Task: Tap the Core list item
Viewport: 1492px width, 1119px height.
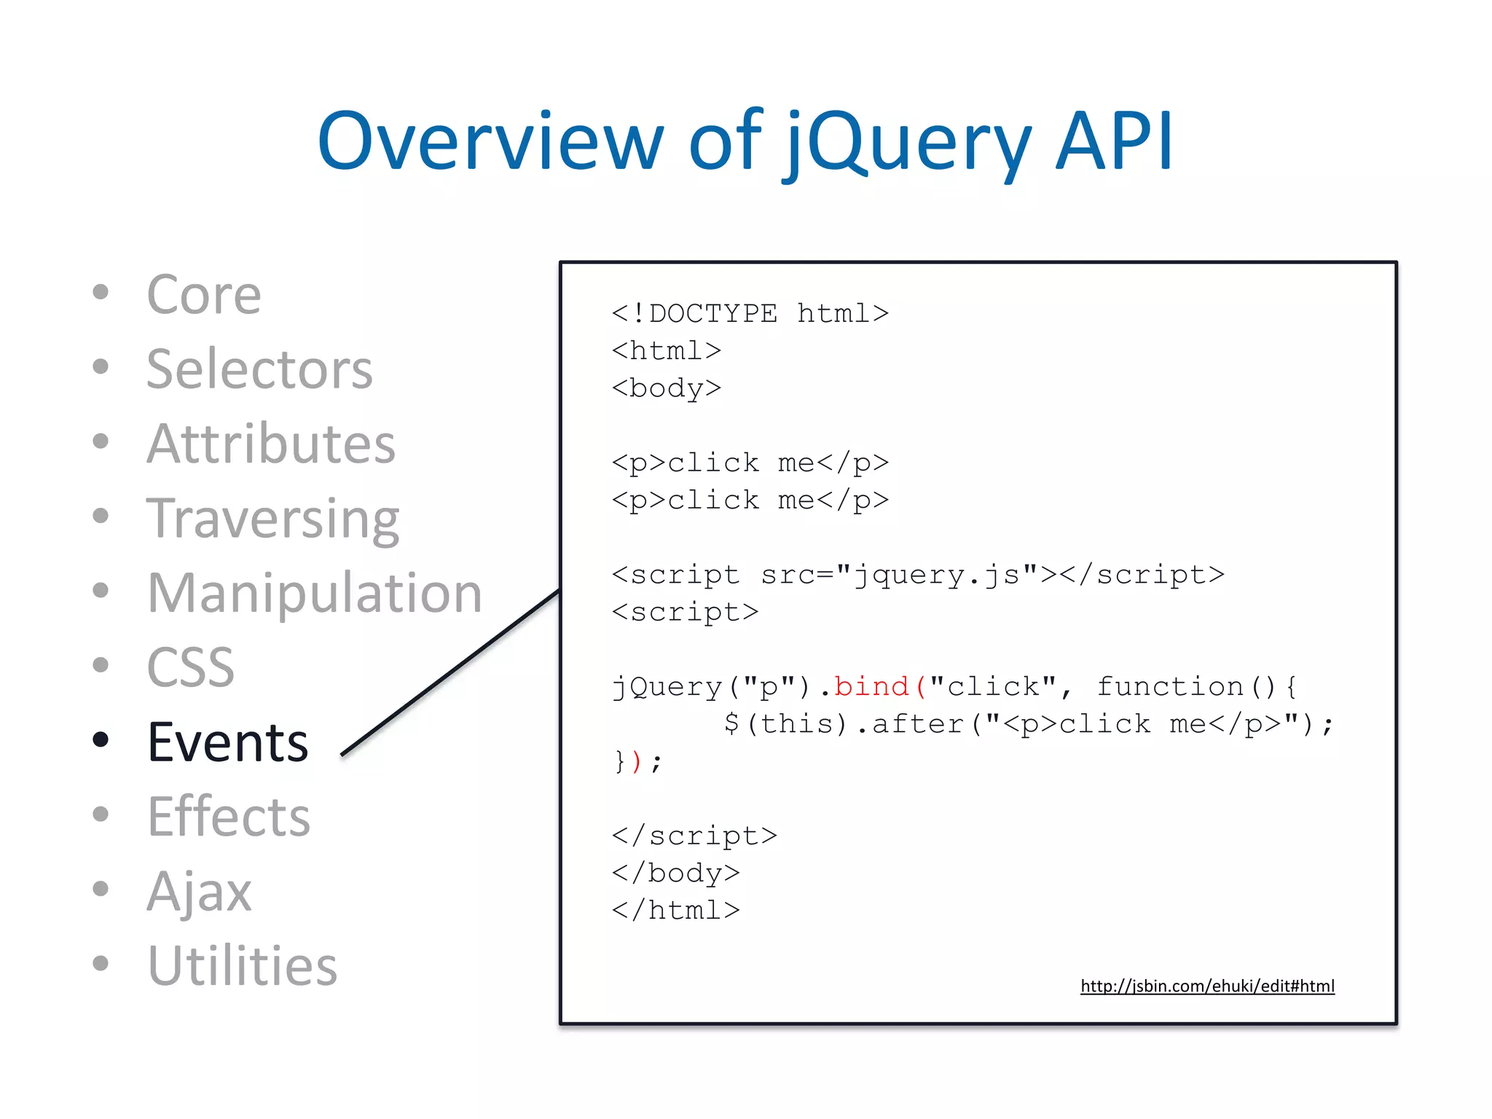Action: coord(203,295)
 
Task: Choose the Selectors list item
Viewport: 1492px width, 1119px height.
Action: coord(259,369)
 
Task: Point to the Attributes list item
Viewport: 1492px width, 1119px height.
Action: coord(271,444)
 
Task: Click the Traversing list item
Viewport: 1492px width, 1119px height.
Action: coord(273,519)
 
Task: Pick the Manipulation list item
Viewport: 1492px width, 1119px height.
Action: coord(315,593)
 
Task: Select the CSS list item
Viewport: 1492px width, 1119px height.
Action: coord(191,667)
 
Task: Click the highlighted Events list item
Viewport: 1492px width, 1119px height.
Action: coord(228,742)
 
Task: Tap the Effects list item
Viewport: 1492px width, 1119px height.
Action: coord(229,817)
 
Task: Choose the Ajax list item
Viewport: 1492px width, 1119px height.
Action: coord(199,891)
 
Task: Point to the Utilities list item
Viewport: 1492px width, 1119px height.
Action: coord(243,966)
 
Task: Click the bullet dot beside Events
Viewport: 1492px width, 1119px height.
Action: coord(101,740)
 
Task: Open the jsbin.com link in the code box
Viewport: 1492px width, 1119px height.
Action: coord(1207,986)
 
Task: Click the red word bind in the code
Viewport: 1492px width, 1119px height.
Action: coord(871,686)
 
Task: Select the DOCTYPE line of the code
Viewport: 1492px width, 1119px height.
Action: coord(750,314)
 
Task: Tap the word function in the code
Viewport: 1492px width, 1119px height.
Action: coord(1170,686)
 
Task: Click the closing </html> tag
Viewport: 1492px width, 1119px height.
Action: coord(676,911)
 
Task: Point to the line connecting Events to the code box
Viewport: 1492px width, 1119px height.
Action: coord(450,672)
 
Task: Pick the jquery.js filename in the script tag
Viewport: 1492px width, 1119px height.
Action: coord(938,575)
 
